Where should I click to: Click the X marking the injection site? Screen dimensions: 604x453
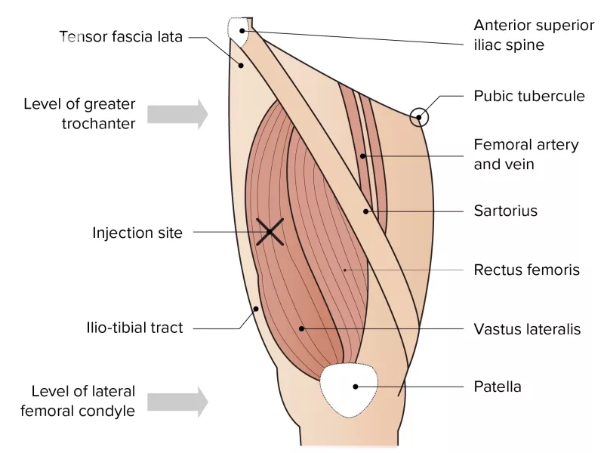tap(270, 232)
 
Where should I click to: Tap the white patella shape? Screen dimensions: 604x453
tap(349, 390)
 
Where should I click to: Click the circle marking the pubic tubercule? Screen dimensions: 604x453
tap(419, 117)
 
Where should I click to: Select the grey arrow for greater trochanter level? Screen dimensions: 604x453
tap(177, 114)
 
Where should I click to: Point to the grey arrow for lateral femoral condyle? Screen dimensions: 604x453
tap(177, 402)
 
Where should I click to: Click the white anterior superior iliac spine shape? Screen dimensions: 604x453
tap(239, 32)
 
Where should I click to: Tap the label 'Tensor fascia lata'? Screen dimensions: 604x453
tap(121, 37)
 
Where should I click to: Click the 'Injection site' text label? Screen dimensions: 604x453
tap(137, 233)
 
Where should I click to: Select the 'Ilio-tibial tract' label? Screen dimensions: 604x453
tap(135, 328)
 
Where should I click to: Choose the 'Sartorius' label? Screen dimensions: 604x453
tap(505, 211)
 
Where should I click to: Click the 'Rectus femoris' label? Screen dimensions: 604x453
tap(526, 270)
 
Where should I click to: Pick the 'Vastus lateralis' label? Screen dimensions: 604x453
tap(527, 329)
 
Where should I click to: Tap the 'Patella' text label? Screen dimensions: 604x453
tap(498, 387)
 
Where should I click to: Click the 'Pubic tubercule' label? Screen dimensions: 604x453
tap(529, 96)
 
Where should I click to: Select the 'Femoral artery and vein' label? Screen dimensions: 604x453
tap(526, 155)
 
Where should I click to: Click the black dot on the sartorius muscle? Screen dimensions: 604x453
tap(366, 211)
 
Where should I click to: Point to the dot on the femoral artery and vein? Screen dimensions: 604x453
tap(362, 156)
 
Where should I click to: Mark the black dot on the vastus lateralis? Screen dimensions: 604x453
tap(301, 328)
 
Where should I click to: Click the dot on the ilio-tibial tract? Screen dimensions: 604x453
tap(256, 309)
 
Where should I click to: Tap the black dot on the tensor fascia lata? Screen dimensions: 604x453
tap(241, 66)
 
